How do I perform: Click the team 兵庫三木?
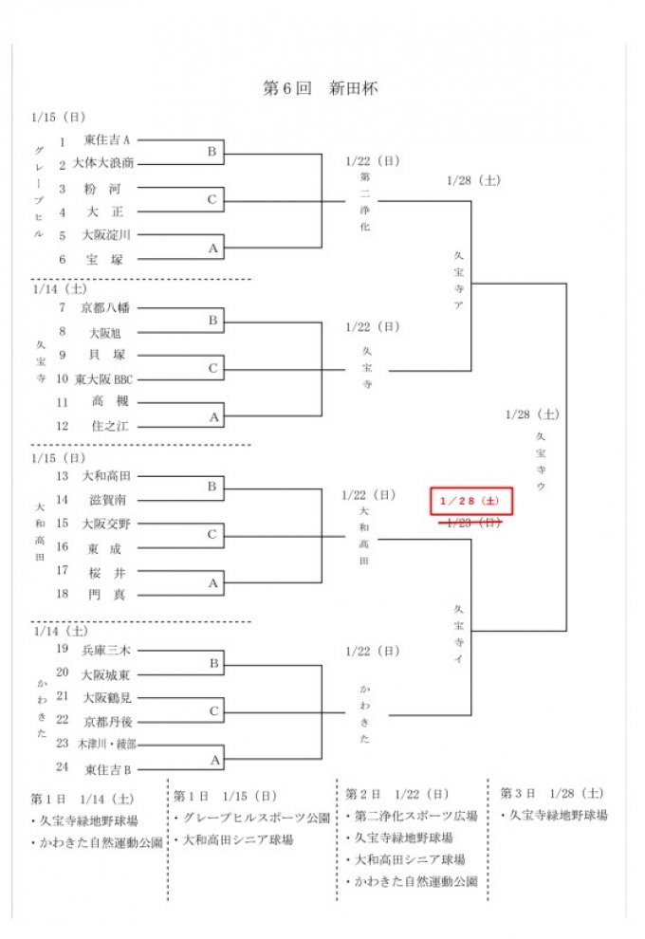tap(105, 650)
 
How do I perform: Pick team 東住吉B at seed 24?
tap(106, 768)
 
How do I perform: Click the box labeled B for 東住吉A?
tap(212, 152)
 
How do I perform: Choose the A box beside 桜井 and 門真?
tap(212, 583)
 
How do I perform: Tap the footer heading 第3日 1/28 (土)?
tap(551, 793)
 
